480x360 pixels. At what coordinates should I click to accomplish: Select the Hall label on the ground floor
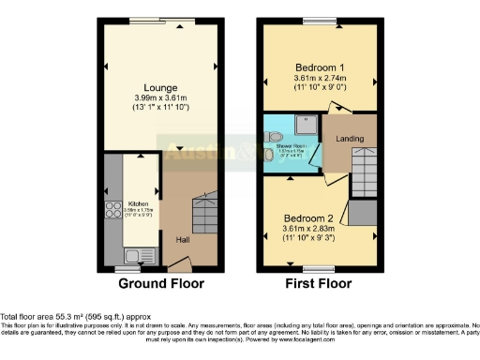[x=183, y=240]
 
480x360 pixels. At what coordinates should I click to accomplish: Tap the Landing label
[x=350, y=141]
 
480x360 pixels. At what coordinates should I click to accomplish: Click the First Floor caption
[x=321, y=283]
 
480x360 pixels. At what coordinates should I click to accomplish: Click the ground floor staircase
[x=203, y=216]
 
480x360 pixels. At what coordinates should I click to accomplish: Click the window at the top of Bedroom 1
[x=319, y=22]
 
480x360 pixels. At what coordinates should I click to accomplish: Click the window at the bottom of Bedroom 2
[x=307, y=269]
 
